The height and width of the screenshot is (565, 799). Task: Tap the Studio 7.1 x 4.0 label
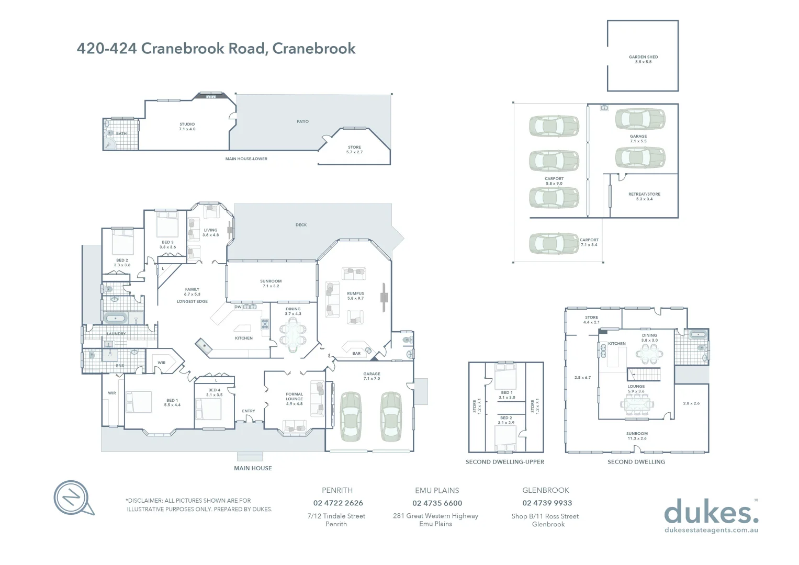pyautogui.click(x=187, y=127)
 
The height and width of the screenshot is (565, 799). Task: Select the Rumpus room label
pyautogui.click(x=355, y=296)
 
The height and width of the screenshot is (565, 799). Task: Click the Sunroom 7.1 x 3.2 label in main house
pyautogui.click(x=271, y=284)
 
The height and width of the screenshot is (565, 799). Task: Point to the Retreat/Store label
pyautogui.click(x=644, y=196)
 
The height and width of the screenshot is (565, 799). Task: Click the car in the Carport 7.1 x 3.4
pyautogui.click(x=554, y=243)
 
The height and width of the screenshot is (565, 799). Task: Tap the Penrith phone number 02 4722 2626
pyautogui.click(x=338, y=503)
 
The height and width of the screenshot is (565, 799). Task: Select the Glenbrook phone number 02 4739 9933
pyautogui.click(x=547, y=503)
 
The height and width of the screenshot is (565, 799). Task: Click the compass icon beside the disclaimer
pyautogui.click(x=72, y=497)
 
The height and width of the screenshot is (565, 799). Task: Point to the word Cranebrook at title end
pyautogui.click(x=314, y=48)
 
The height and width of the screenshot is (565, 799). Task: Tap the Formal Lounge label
pyautogui.click(x=294, y=399)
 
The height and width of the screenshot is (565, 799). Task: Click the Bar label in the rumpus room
pyautogui.click(x=356, y=353)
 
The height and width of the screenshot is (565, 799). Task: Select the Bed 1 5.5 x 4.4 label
pyautogui.click(x=172, y=402)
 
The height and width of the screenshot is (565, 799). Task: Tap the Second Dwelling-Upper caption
pyautogui.click(x=504, y=462)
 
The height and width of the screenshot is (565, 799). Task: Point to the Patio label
pyautogui.click(x=302, y=121)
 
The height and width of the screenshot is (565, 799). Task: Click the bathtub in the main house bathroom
pyautogui.click(x=115, y=318)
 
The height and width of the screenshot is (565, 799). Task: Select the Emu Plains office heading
pyautogui.click(x=437, y=490)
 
